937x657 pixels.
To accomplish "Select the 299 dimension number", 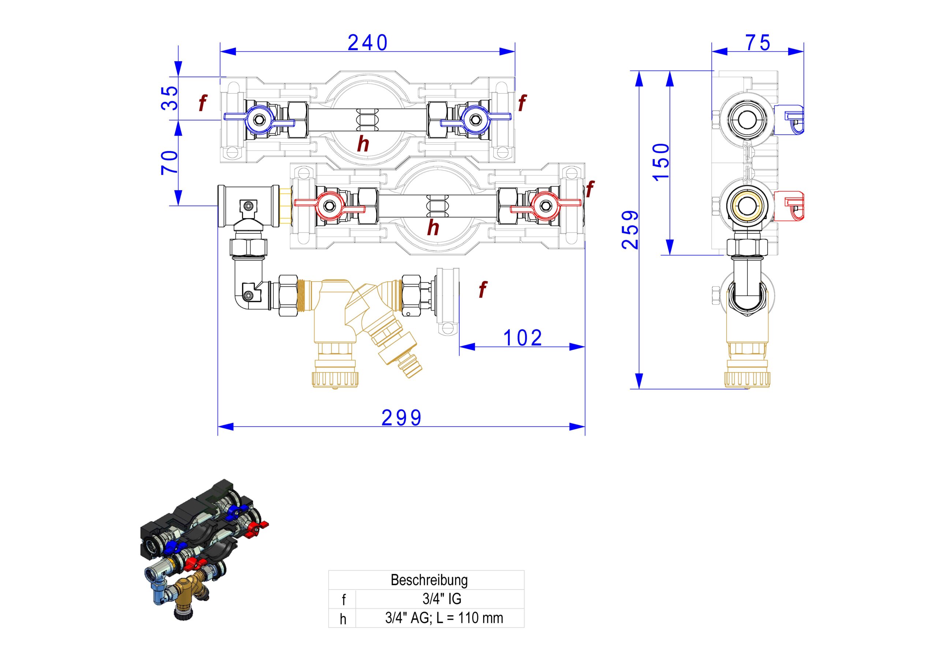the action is [x=402, y=418].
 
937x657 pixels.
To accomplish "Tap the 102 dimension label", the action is [x=523, y=338].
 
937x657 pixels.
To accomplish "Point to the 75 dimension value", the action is [x=758, y=43].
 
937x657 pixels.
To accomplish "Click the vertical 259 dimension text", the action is [x=630, y=230].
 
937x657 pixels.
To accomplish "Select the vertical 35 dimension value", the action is [x=170, y=98].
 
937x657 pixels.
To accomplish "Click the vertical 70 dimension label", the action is [x=170, y=163].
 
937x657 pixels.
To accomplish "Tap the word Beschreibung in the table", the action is [x=429, y=580].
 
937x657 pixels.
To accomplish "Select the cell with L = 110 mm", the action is [x=444, y=618].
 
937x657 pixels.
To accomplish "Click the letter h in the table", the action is [x=343, y=619].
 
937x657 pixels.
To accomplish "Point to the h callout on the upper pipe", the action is [x=363, y=144].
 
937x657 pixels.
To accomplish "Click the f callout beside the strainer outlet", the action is [x=483, y=290].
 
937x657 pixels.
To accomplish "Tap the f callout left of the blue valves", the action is [x=202, y=103].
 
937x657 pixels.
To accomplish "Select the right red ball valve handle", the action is [x=546, y=205].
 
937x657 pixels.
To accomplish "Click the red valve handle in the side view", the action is [x=789, y=205].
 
